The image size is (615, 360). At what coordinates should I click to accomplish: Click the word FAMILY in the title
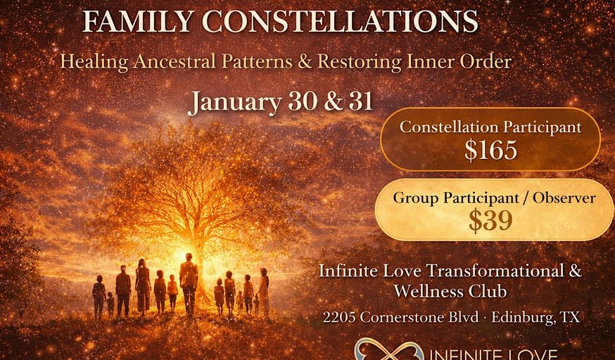pos(138,22)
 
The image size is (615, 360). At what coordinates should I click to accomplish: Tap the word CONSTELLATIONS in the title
pos(340,22)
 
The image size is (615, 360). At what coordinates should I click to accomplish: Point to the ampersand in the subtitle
pos(305,62)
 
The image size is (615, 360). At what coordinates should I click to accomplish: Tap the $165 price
pos(490,150)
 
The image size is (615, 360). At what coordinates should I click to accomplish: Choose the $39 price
pos(490,220)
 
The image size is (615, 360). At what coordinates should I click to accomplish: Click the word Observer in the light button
pos(564,198)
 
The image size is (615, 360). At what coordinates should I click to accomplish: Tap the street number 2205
pos(339,317)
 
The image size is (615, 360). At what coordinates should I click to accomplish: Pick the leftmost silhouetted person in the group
pos(99,297)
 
